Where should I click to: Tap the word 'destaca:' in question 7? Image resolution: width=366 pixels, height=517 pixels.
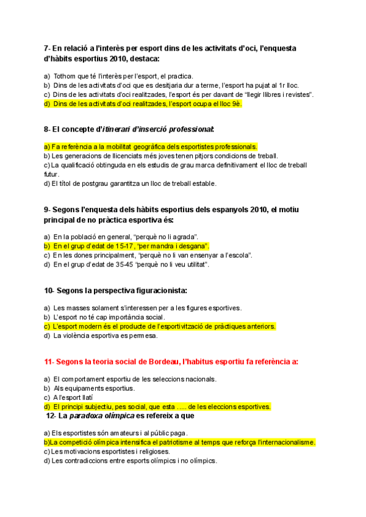(140, 59)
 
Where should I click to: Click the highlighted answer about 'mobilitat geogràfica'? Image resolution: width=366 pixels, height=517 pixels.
(150, 147)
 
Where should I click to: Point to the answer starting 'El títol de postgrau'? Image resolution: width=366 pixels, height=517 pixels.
(130, 184)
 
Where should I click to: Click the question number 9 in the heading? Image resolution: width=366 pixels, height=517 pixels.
(46, 210)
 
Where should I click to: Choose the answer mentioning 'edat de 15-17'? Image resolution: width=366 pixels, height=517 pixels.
(131, 246)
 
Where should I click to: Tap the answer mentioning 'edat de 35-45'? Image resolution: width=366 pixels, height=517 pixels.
(131, 265)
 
